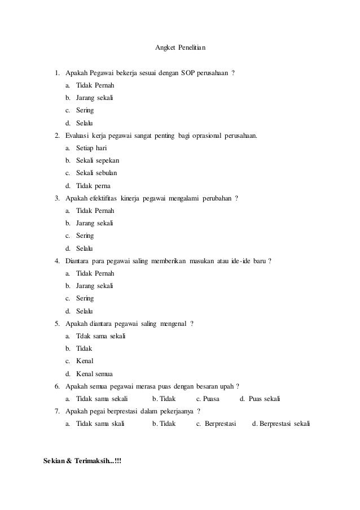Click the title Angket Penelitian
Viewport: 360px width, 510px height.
(180, 46)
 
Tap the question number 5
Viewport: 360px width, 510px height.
(57, 324)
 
